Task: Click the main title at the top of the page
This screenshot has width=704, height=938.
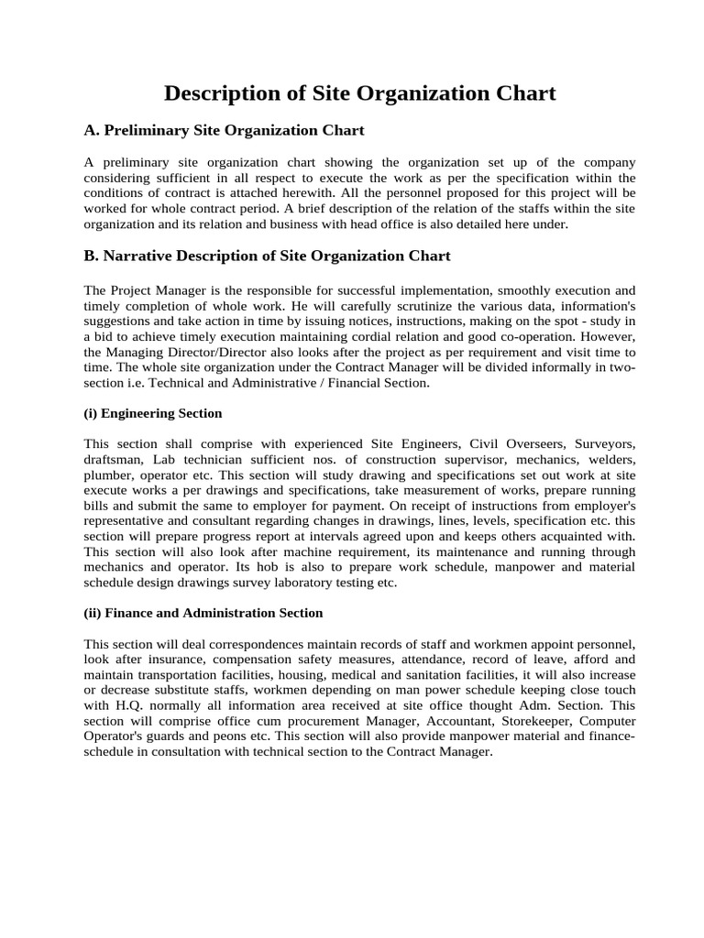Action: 359,93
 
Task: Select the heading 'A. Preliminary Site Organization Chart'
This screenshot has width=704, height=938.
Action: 224,130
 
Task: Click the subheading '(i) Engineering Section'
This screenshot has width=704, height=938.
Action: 152,413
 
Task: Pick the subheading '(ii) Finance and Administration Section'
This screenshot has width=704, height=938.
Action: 203,612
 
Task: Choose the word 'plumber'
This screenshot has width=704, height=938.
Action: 108,475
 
